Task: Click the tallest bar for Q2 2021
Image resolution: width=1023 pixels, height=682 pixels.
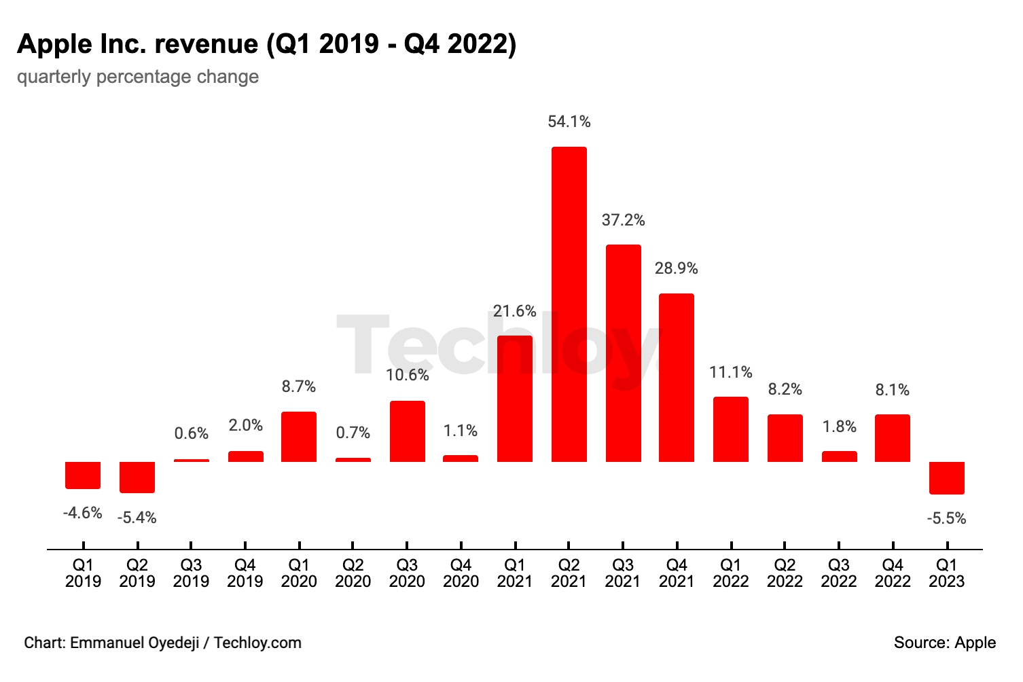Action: (x=569, y=304)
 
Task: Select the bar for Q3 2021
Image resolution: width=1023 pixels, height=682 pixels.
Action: (x=623, y=353)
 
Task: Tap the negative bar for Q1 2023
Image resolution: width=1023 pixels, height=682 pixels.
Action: (x=946, y=478)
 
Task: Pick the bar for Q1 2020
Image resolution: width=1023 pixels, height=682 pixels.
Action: (x=299, y=437)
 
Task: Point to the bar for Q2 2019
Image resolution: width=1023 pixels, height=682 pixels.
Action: (x=137, y=477)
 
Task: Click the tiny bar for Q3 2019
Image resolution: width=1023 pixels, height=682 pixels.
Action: (x=192, y=461)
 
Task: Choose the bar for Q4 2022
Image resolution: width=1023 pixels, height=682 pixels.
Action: (x=893, y=438)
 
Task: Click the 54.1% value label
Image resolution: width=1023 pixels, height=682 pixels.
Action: (x=569, y=122)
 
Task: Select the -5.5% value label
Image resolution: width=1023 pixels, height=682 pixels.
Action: (x=946, y=518)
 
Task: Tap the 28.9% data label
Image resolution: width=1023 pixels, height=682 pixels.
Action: (x=677, y=268)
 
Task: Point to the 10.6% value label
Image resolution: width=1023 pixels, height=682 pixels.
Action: (x=407, y=375)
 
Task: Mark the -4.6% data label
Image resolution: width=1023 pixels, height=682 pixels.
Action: (x=83, y=513)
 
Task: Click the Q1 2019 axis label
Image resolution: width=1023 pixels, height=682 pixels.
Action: (x=83, y=573)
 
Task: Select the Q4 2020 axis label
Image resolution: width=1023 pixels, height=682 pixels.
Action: (x=461, y=573)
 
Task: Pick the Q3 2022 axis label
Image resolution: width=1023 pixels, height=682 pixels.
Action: (x=839, y=573)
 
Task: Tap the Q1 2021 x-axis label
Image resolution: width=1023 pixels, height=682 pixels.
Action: (x=515, y=573)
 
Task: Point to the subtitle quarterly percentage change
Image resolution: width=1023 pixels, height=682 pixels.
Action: (x=138, y=76)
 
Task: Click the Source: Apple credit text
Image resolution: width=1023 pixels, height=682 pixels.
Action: (x=944, y=643)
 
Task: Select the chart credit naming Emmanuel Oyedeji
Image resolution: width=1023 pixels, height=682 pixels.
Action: (x=162, y=643)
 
